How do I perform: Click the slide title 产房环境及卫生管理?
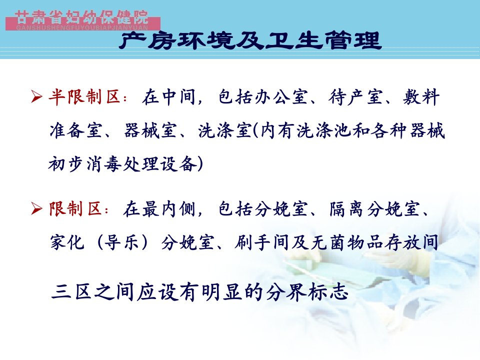[x=250, y=40]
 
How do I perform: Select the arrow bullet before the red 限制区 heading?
[x=36, y=209]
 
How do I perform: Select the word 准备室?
[x=76, y=130]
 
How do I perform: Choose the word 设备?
[x=178, y=164]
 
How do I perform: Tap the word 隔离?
[x=346, y=209]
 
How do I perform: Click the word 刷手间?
[x=262, y=243]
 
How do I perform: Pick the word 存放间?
[x=411, y=243]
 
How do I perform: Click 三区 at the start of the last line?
[x=71, y=291]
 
